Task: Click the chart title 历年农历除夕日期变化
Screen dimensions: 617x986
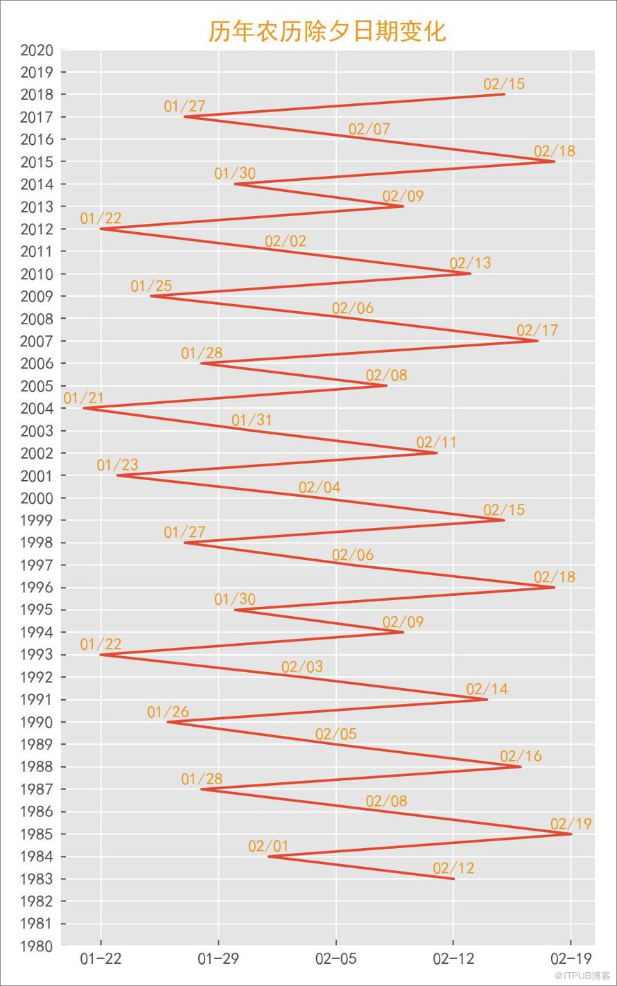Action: (327, 31)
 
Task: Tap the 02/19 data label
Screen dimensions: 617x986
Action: (571, 824)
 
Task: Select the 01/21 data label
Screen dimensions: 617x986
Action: (84, 398)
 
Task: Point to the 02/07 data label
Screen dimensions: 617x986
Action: (369, 129)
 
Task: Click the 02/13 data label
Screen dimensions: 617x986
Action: (470, 263)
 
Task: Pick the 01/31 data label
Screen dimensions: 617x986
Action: (252, 420)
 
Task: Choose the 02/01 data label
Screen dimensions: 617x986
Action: (268, 846)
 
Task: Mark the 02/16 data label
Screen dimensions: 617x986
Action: (521, 756)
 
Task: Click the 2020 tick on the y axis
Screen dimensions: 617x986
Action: (37, 51)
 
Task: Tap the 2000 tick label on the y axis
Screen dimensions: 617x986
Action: (37, 498)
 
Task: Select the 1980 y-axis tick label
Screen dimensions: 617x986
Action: (37, 946)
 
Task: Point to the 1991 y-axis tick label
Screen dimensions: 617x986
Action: (37, 699)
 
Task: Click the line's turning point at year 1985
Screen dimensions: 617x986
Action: (571, 834)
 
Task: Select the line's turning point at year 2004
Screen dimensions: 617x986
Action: (84, 408)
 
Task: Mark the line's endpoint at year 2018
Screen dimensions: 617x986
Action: (504, 94)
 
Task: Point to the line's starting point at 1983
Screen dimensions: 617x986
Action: (453, 879)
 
